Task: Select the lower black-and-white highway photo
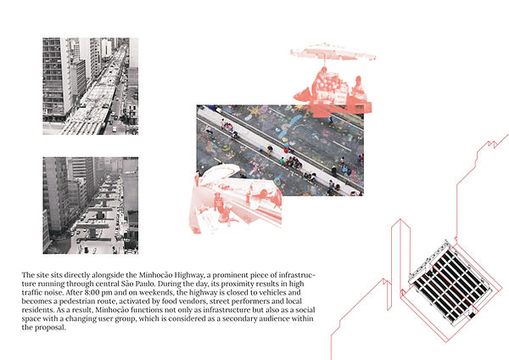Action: pyautogui.click(x=91, y=205)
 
